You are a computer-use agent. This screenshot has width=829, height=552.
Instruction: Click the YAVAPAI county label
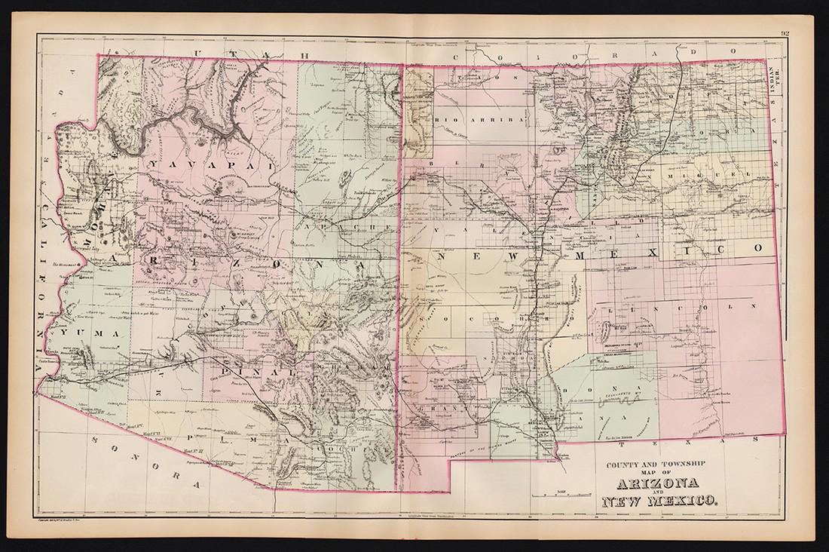[x=193, y=162]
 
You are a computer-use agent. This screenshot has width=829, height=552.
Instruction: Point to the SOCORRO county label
[x=480, y=320]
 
